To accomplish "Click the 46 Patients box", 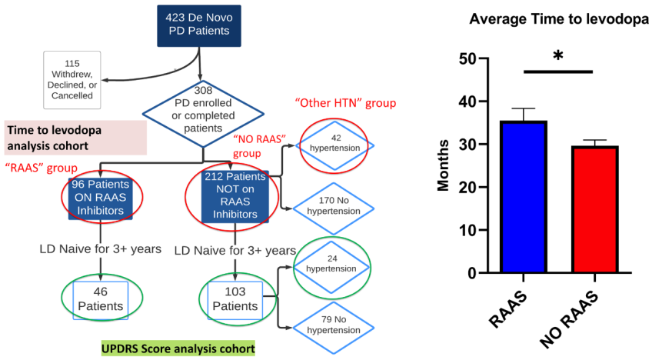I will (x=101, y=300).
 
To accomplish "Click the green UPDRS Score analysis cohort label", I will (x=178, y=348).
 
